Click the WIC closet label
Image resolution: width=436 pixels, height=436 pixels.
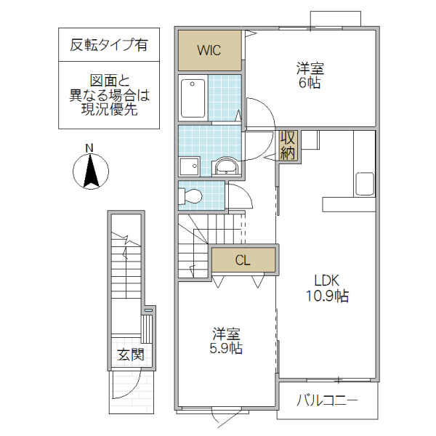click(x=209, y=51)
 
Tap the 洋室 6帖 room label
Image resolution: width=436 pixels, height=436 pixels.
click(x=310, y=76)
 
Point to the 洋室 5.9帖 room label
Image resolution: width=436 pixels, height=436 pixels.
click(x=227, y=341)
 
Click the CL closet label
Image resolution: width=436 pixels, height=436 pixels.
click(x=243, y=260)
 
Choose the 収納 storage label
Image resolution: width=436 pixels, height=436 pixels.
click(x=288, y=145)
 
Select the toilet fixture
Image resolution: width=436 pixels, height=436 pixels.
click(x=193, y=195)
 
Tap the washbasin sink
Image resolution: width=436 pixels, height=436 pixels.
click(x=227, y=167)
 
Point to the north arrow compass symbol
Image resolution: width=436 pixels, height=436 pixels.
click(x=91, y=172)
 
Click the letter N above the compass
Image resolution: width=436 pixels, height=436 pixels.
click(x=90, y=148)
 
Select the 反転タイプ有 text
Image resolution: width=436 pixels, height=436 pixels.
click(x=109, y=45)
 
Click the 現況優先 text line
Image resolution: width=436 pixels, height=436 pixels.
click(x=109, y=110)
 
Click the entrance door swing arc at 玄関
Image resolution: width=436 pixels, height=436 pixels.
click(x=124, y=389)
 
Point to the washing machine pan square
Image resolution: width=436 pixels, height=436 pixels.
click(x=190, y=166)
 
